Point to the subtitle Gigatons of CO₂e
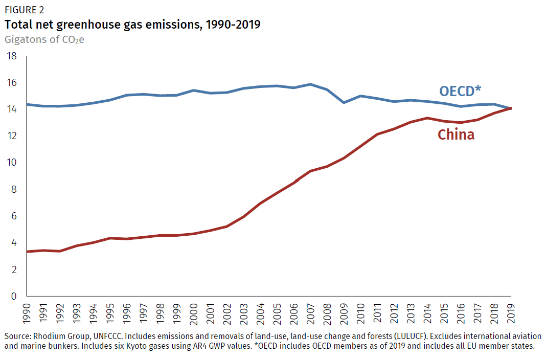pos(44,39)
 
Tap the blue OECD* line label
pos(460,91)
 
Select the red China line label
pos(456,134)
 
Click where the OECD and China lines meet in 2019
pos(510,108)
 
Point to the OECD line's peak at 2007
pos(310,84)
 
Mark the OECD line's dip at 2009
pos(344,102)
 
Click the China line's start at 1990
pos(27,252)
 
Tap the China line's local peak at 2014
pos(427,118)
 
